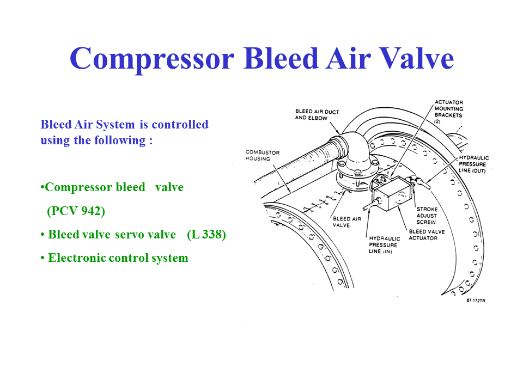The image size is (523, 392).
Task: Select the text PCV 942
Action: [x=76, y=211]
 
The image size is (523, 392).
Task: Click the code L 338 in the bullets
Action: [x=206, y=235]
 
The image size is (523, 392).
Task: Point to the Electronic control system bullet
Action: [x=118, y=258]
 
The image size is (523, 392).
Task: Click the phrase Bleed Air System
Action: [x=87, y=125]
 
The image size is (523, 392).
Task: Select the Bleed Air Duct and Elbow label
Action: [x=317, y=115]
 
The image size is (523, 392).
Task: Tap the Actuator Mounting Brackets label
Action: [x=448, y=112]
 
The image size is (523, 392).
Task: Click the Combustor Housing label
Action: [x=263, y=155]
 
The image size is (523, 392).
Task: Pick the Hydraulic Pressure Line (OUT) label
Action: [x=473, y=164]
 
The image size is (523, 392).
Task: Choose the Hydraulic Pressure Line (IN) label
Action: [x=385, y=245]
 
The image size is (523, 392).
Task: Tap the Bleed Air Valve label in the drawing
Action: [x=346, y=222]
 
